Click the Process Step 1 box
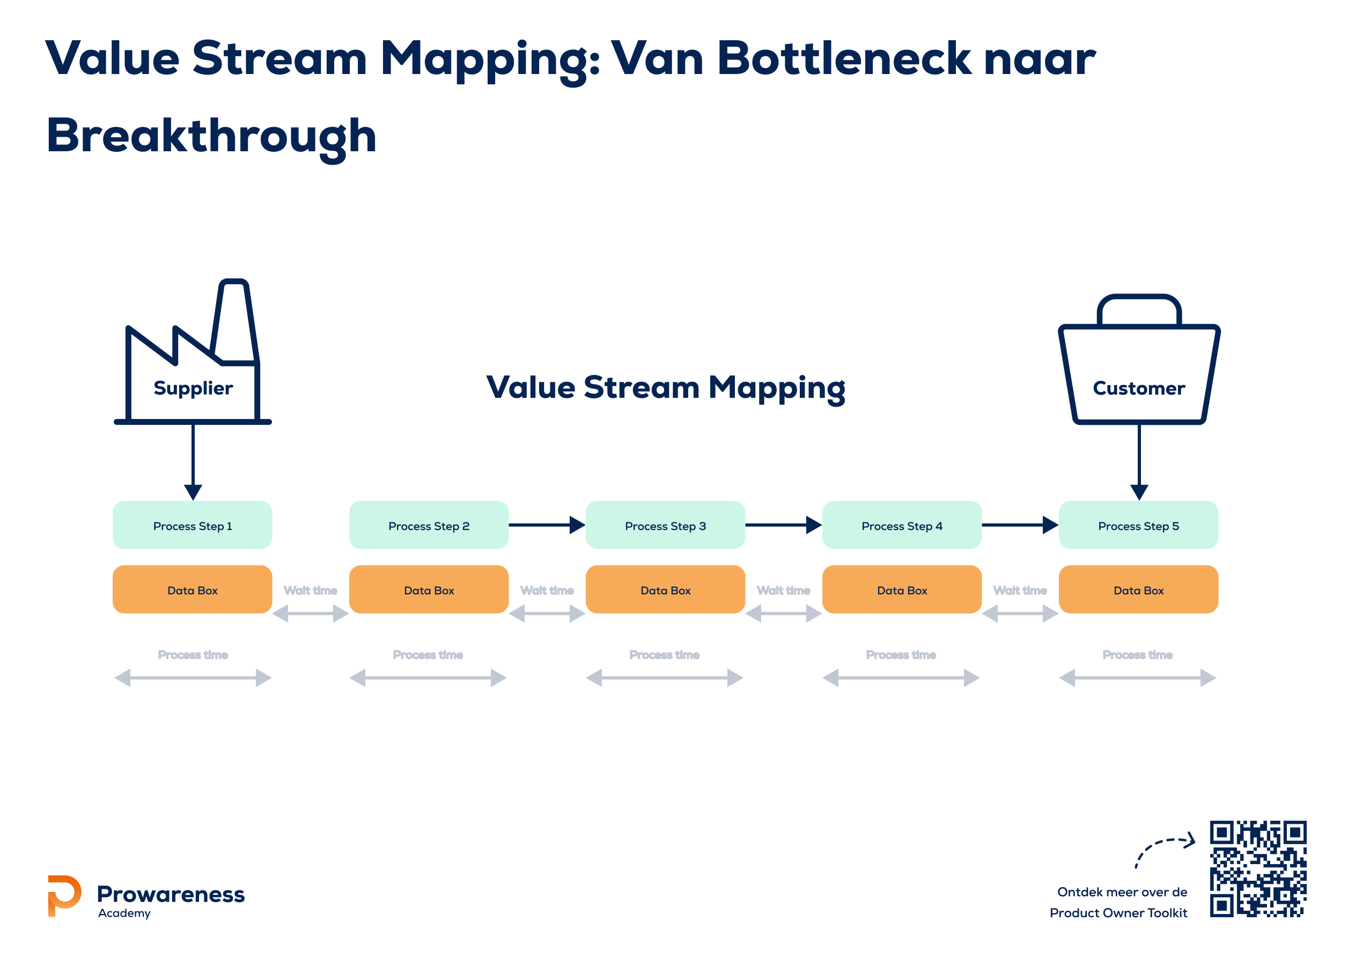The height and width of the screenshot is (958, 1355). (x=193, y=525)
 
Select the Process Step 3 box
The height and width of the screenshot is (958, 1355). (x=665, y=525)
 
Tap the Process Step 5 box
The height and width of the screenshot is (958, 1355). (x=1138, y=525)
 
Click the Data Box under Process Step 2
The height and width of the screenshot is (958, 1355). (x=429, y=589)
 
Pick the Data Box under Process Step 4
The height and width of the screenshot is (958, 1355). (x=902, y=589)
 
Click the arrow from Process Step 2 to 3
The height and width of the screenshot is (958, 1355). (x=547, y=525)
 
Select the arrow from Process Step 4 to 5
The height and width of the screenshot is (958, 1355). (x=1019, y=525)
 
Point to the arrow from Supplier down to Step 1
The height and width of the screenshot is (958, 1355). (x=193, y=460)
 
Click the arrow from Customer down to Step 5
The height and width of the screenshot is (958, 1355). (x=1139, y=460)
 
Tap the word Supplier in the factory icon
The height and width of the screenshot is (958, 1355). (x=193, y=388)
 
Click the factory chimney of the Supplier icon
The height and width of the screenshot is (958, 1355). (x=235, y=319)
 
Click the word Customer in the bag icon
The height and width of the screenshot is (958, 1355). (x=1139, y=388)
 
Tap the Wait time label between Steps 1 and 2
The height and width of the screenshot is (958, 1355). (x=311, y=590)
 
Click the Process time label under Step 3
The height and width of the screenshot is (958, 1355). (x=665, y=654)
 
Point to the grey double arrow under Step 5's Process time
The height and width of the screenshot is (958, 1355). (x=1138, y=677)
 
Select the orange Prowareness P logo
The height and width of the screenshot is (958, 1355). (x=64, y=895)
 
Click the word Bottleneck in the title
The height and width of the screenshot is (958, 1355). (x=844, y=59)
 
